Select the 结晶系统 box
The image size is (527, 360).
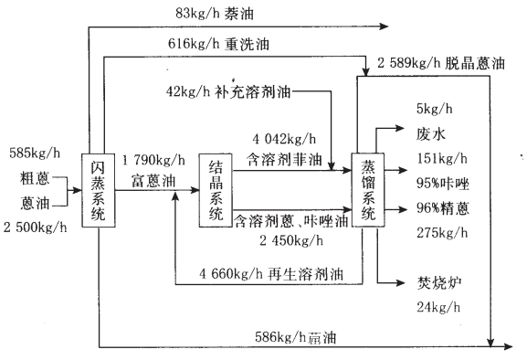216,189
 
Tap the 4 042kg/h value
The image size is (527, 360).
285,139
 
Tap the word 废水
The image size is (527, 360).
430,134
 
